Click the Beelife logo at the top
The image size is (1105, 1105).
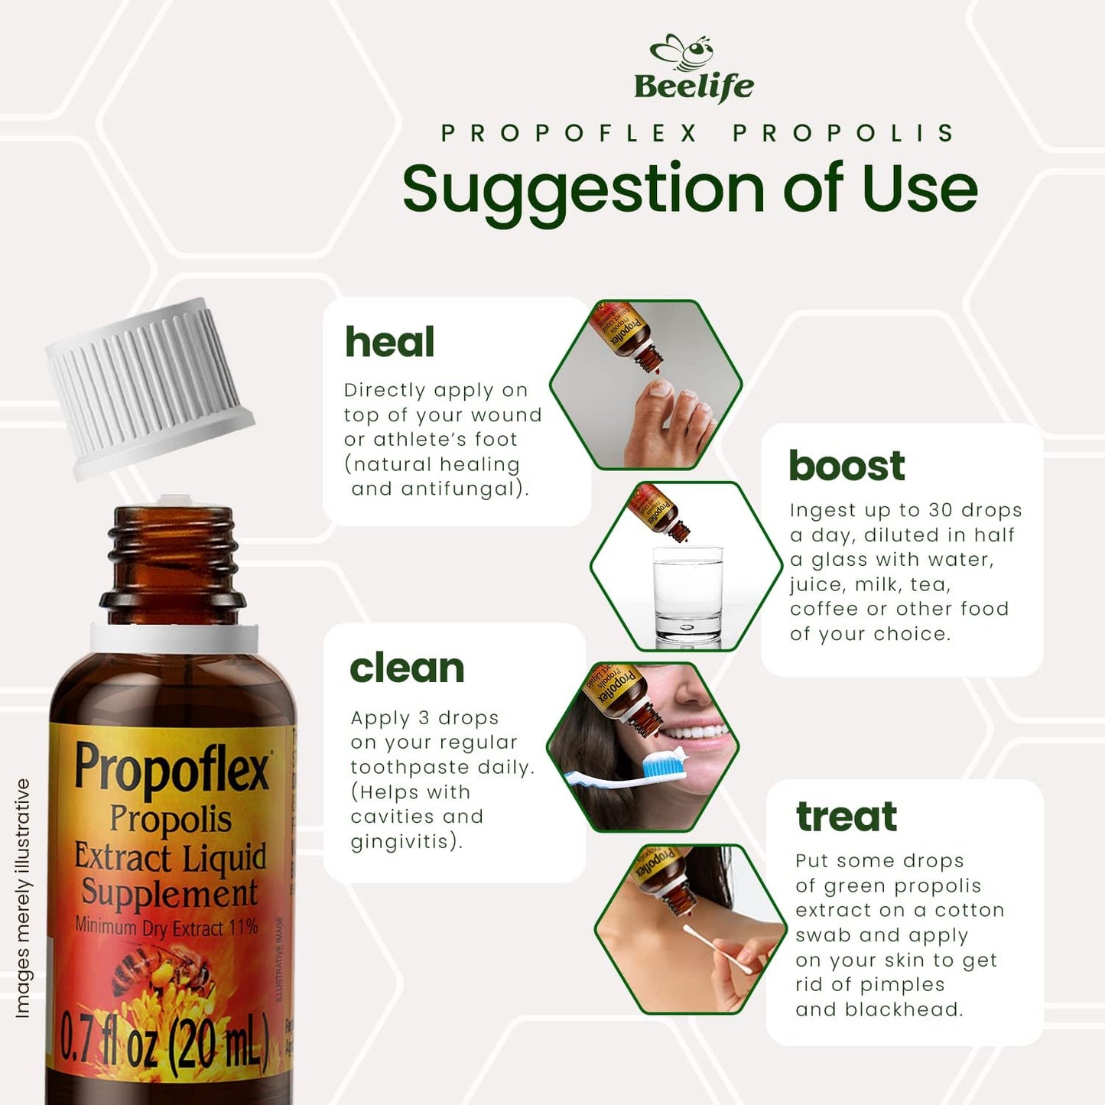694,70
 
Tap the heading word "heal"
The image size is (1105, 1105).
389,342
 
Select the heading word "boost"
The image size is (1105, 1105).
847,466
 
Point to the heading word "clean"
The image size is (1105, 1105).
407,668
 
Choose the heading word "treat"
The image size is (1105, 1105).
847,816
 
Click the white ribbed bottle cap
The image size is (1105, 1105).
150,387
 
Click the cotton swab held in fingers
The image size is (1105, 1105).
717,947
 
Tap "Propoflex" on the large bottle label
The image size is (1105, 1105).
172,768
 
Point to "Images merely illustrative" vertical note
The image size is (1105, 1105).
23,899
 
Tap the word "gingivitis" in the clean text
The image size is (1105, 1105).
405,842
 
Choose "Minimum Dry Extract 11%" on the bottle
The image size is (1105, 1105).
166,928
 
